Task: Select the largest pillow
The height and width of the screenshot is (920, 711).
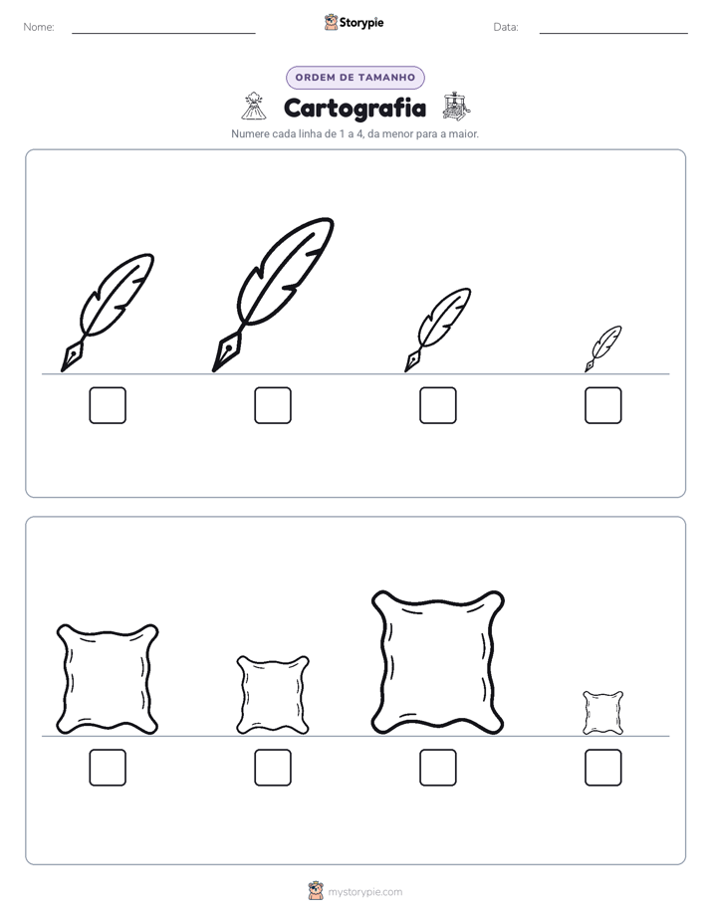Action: point(437,662)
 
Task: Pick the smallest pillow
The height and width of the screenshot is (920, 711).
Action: point(603,713)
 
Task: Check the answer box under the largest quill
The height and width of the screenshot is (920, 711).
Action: point(273,405)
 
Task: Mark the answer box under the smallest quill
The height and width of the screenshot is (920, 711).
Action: point(603,405)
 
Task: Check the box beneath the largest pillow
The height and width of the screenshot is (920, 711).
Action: point(437,768)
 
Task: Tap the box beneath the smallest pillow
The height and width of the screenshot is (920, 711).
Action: point(603,768)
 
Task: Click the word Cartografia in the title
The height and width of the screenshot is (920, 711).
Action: point(355,108)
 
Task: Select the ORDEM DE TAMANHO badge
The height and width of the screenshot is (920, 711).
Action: point(355,78)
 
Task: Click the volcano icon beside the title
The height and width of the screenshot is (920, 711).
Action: point(254,106)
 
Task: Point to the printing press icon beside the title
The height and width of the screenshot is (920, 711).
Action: point(456,106)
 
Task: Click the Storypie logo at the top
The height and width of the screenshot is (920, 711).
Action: point(354,22)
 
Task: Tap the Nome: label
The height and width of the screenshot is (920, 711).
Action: point(39,27)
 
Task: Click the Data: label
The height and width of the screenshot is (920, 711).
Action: point(506,27)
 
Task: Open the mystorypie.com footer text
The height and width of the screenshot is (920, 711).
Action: point(364,892)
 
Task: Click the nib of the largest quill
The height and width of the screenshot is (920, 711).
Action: point(224,352)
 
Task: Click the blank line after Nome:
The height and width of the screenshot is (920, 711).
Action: point(163,34)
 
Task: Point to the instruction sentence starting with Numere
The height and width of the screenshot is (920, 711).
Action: point(355,133)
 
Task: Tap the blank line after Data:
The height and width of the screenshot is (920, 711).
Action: point(613,34)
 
